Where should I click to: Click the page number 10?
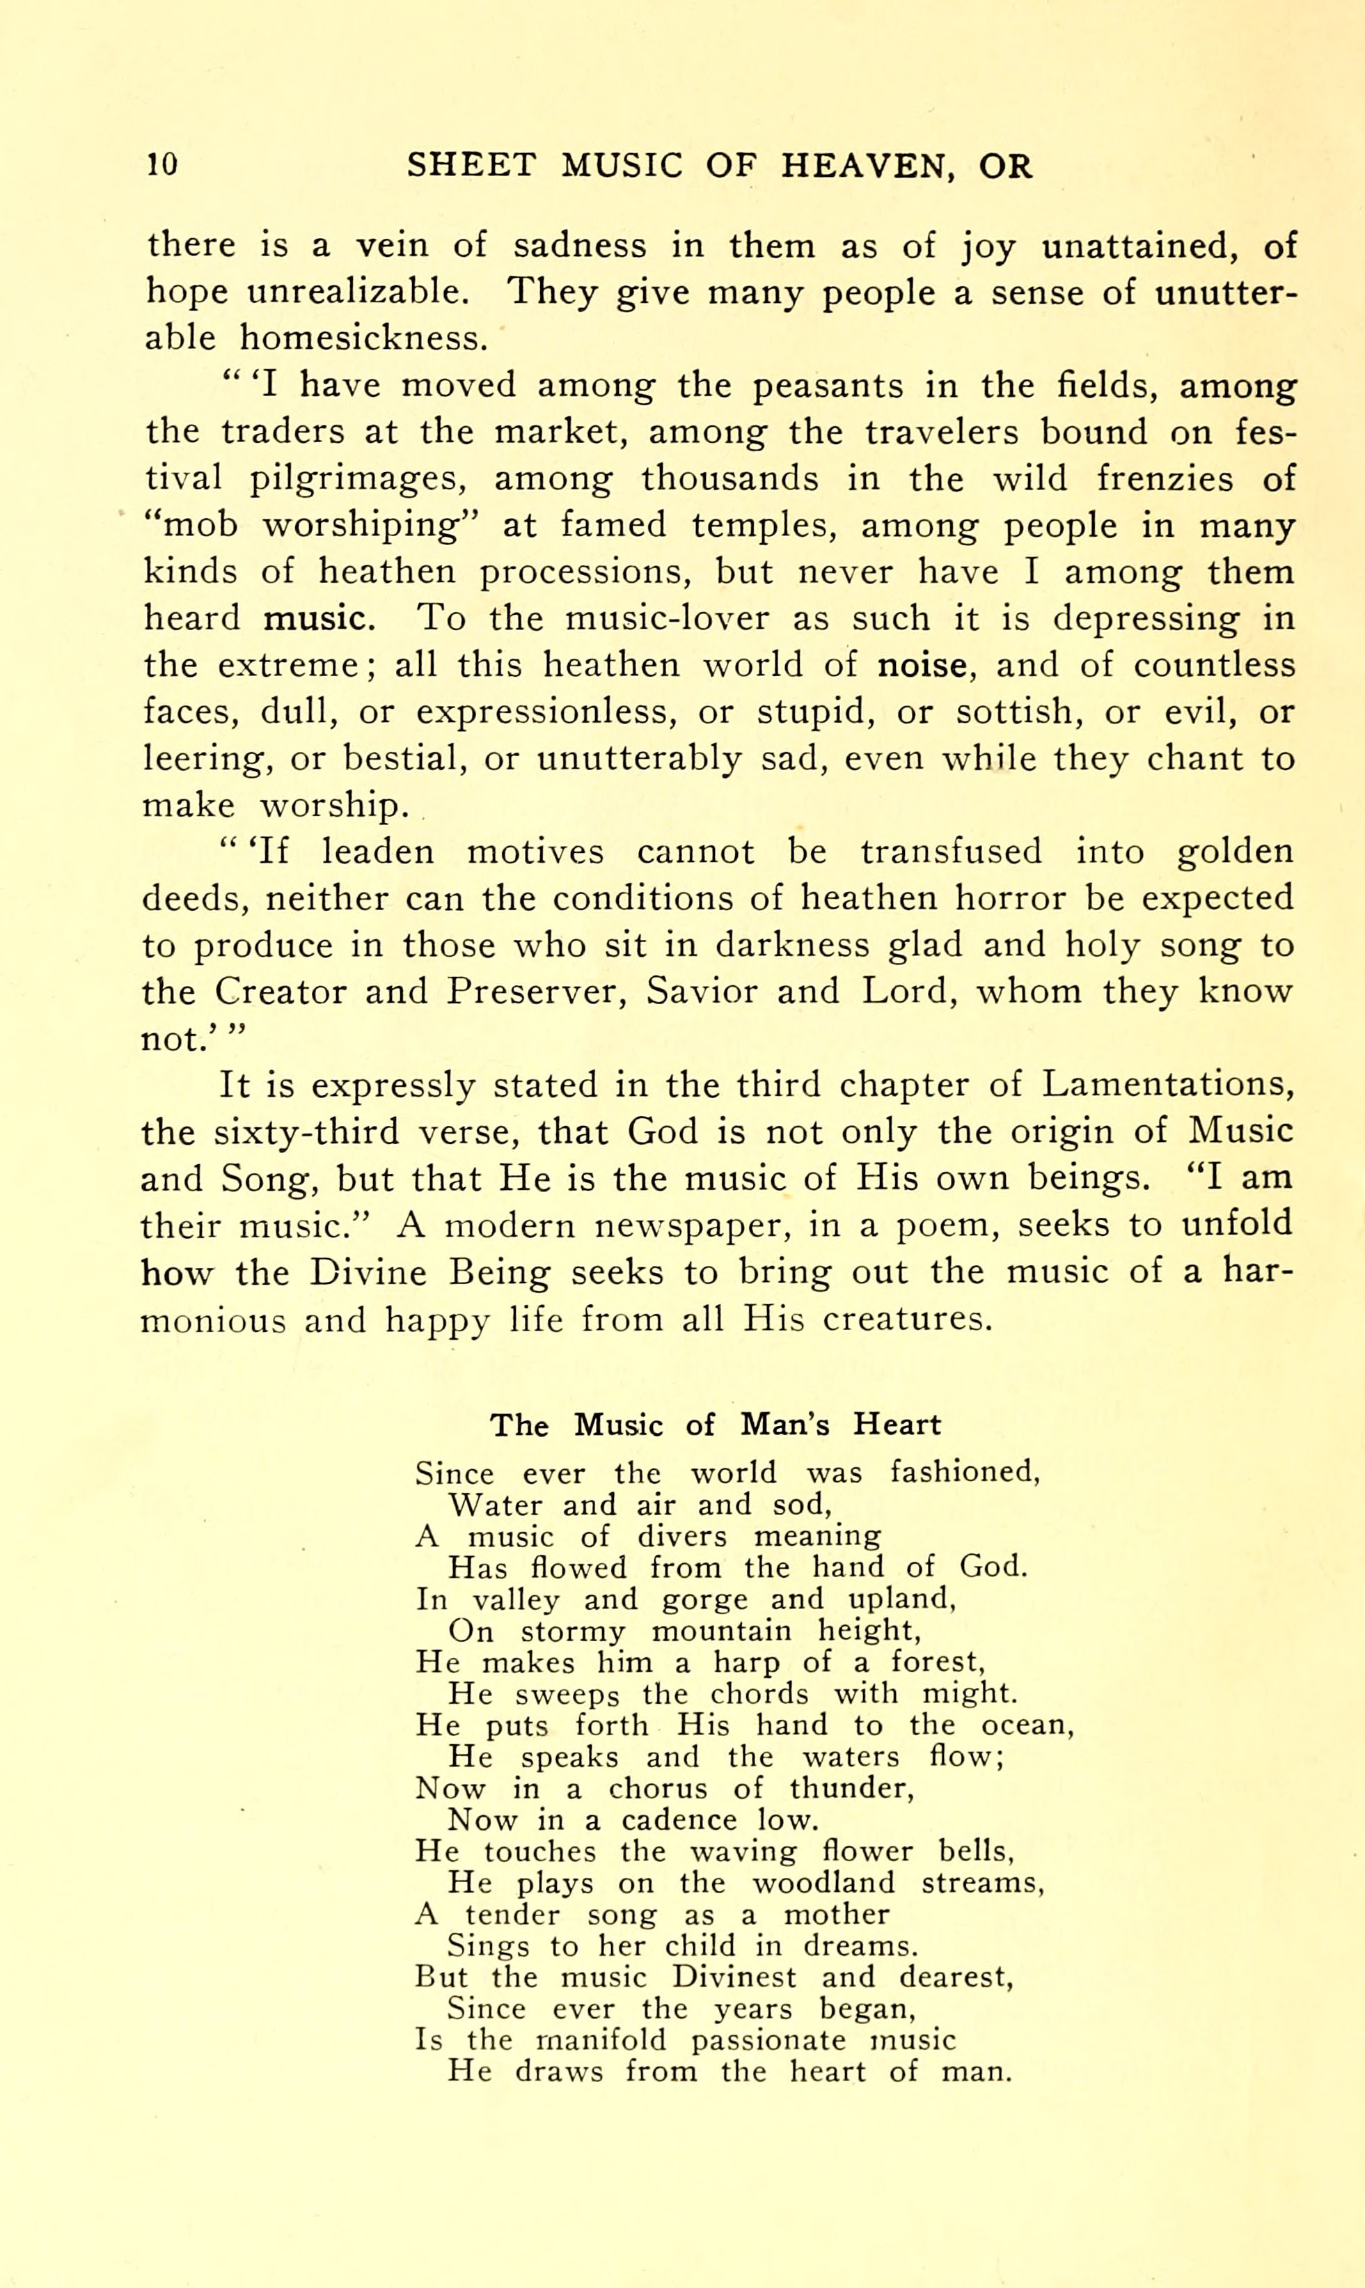pyautogui.click(x=162, y=165)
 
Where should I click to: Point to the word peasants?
pyautogui.click(x=828, y=386)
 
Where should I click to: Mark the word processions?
pyautogui.click(x=584, y=572)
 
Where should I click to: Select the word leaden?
pyautogui.click(x=377, y=852)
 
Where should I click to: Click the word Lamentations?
pyautogui.click(x=1167, y=1085)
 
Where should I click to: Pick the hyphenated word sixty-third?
pyautogui.click(x=306, y=1131)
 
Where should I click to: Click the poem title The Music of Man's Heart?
pyautogui.click(x=715, y=1425)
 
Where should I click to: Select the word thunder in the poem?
pyautogui.click(x=851, y=1787)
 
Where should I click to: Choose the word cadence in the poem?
pyautogui.click(x=679, y=1819)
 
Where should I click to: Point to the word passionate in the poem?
pyautogui.click(x=768, y=2041)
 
